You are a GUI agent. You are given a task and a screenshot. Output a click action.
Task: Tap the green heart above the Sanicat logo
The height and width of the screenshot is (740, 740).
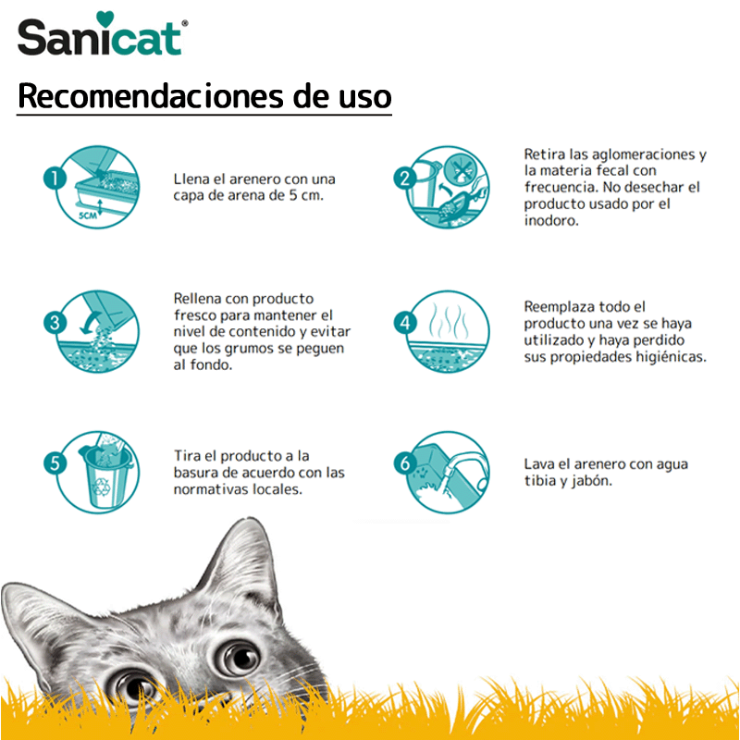pos(105,18)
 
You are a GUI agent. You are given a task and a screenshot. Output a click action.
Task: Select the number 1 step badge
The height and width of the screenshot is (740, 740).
pos(55,179)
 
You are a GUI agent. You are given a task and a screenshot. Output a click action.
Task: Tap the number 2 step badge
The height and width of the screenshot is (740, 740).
pos(405,179)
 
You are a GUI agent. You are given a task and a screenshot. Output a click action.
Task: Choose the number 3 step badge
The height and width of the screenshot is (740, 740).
pos(55,323)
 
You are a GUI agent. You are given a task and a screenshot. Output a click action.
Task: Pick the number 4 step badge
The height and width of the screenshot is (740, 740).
pos(405,323)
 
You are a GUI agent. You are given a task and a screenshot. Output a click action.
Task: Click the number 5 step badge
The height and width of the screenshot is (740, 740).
pos(55,463)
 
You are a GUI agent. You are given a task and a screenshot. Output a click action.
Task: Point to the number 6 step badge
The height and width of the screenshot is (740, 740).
pos(405,463)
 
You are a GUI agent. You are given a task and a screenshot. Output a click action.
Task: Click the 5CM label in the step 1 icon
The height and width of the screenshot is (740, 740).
pos(87,216)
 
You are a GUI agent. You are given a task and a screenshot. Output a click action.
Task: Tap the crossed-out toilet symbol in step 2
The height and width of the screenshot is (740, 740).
pos(459,167)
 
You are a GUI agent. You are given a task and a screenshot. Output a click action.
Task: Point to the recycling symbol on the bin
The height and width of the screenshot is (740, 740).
pos(101,487)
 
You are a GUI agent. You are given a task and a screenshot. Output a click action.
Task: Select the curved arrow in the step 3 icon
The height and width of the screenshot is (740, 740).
pos(90,322)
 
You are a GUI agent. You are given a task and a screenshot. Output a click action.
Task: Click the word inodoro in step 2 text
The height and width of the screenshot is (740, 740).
pos(551,220)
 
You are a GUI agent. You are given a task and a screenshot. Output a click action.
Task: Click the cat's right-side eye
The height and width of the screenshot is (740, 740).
pos(239,657)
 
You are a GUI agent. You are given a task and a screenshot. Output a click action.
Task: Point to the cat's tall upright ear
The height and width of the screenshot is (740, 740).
pos(240,561)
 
